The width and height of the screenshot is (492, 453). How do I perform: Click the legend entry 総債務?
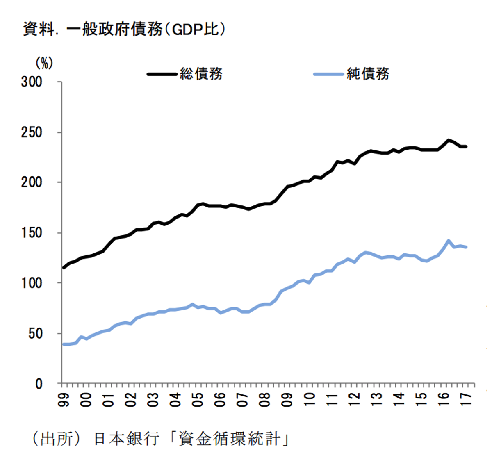pos(201,74)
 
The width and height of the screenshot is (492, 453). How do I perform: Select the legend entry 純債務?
pos(368,74)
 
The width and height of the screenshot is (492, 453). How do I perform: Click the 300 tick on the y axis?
pos(32,82)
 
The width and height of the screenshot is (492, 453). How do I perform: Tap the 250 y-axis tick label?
pos(32,132)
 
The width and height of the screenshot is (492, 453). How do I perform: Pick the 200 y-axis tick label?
pos(32,182)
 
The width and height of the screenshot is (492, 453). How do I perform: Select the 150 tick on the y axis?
pos(32,233)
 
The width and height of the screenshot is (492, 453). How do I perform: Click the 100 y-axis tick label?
pos(32,283)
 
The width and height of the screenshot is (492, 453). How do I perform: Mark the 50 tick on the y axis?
pos(35,334)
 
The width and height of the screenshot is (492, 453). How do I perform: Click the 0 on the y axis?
pos(39,384)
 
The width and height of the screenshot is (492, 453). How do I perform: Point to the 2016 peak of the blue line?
pos(449,241)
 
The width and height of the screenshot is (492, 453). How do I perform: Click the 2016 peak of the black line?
pos(449,140)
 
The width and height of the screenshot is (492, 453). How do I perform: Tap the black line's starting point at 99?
pos(64,268)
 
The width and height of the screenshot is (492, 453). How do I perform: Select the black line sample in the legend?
pos(162,74)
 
